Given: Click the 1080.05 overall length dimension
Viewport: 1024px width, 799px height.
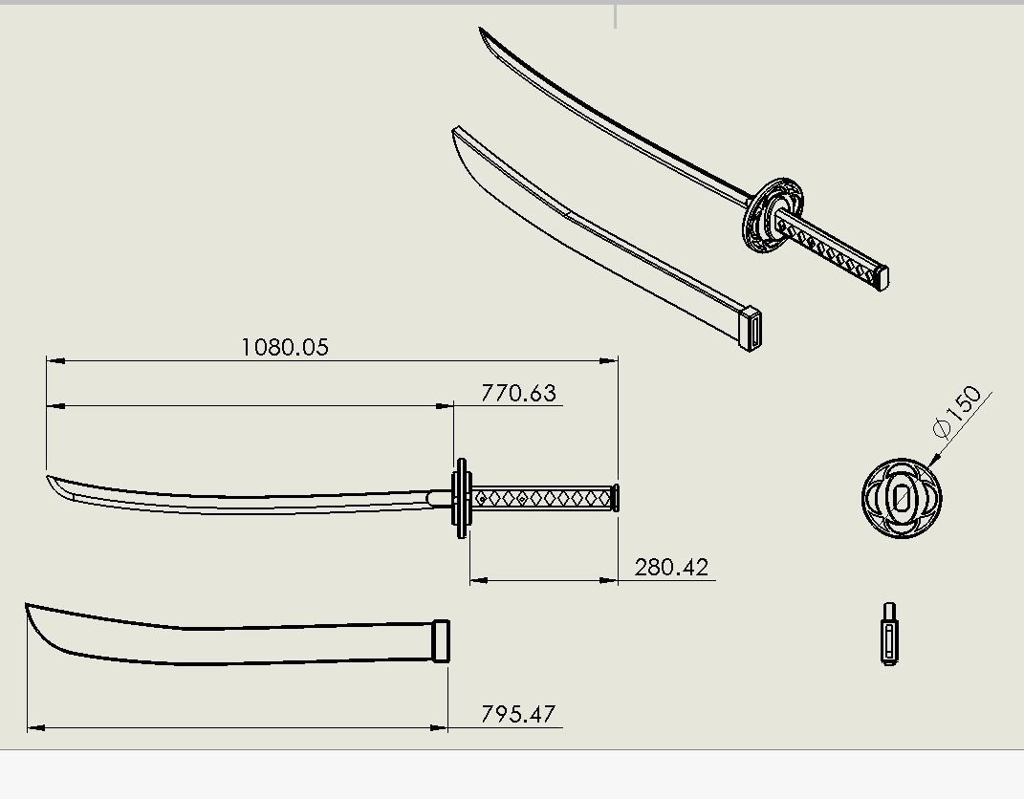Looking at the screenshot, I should [284, 346].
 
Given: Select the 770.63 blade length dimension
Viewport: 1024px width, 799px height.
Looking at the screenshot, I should [518, 393].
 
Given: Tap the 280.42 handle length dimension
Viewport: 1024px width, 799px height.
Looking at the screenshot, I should [671, 567].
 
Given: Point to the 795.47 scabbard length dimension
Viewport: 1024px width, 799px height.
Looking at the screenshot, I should [518, 714].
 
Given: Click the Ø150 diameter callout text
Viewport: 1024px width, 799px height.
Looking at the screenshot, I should [958, 411].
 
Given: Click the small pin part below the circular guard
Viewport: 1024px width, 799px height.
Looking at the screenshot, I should [889, 634].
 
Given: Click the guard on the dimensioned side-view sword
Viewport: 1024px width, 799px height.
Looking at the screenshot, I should [463, 497].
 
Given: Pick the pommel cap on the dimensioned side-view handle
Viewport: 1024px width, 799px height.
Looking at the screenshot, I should [615, 498].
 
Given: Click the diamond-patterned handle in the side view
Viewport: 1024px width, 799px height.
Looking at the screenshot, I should [541, 498].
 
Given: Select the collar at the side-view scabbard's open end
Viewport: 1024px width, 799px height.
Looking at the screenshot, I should [440, 640].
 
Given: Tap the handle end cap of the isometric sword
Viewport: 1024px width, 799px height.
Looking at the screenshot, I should [882, 277].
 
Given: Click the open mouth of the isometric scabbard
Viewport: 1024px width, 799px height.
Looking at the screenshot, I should [752, 330].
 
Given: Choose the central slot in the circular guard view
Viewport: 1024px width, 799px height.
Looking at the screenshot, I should [901, 498].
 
